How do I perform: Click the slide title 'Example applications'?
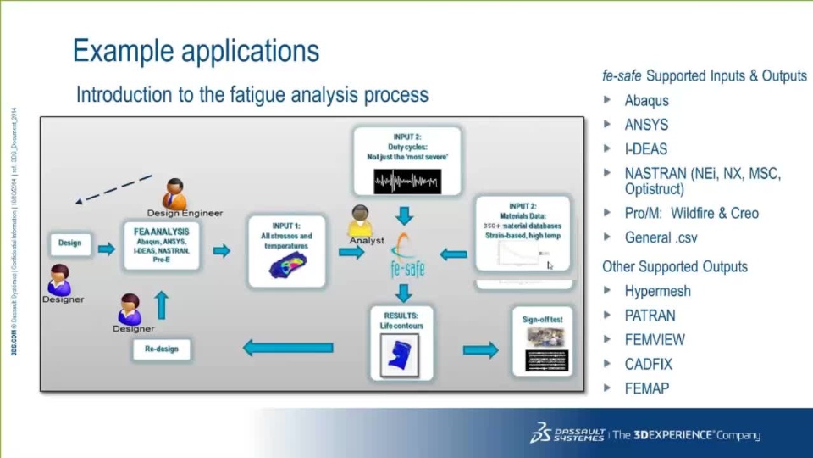coord(196,51)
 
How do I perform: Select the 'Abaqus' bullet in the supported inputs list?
coord(646,100)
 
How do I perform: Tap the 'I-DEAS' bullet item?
coord(645,148)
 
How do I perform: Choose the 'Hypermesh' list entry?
coord(657,291)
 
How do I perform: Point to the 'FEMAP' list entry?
coord(646,388)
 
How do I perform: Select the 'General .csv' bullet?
coord(661,237)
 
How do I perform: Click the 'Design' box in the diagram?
coord(69,243)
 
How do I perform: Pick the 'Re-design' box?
coord(161,349)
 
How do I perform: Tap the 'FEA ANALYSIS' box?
coord(161,246)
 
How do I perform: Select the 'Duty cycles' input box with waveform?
coord(407,162)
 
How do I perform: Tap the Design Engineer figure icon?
coord(174,195)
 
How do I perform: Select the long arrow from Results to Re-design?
coord(288,347)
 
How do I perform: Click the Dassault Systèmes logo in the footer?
coord(567,433)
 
